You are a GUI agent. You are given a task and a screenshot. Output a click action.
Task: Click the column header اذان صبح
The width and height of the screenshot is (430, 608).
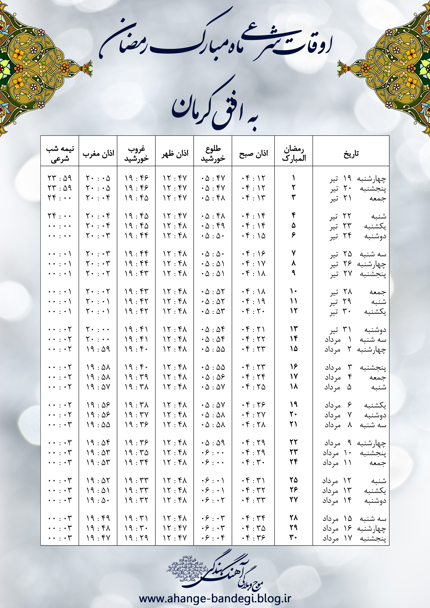click(253, 154)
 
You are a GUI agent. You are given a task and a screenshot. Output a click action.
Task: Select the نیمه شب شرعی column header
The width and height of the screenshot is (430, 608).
click(60, 154)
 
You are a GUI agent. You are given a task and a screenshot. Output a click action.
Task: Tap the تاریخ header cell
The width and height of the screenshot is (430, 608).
click(351, 154)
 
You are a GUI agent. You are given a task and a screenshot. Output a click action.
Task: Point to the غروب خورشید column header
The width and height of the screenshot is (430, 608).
click(136, 154)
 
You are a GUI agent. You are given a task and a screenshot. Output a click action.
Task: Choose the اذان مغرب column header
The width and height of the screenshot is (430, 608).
click(98, 154)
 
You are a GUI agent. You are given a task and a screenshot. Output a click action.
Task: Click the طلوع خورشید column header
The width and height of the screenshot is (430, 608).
click(213, 154)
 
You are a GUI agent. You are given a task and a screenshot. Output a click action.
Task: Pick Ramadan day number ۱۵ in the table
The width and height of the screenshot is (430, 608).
click(294, 349)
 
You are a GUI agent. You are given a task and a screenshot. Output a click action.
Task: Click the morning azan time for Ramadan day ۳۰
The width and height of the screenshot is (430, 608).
click(253, 538)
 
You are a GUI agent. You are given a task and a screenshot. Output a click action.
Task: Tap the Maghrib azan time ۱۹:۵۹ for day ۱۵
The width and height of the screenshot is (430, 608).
click(98, 349)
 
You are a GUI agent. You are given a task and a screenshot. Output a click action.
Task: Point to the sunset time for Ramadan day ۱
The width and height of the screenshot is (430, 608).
click(136, 178)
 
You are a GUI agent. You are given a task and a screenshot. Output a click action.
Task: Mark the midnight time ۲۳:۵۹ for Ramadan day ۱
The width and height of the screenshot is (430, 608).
click(60, 178)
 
